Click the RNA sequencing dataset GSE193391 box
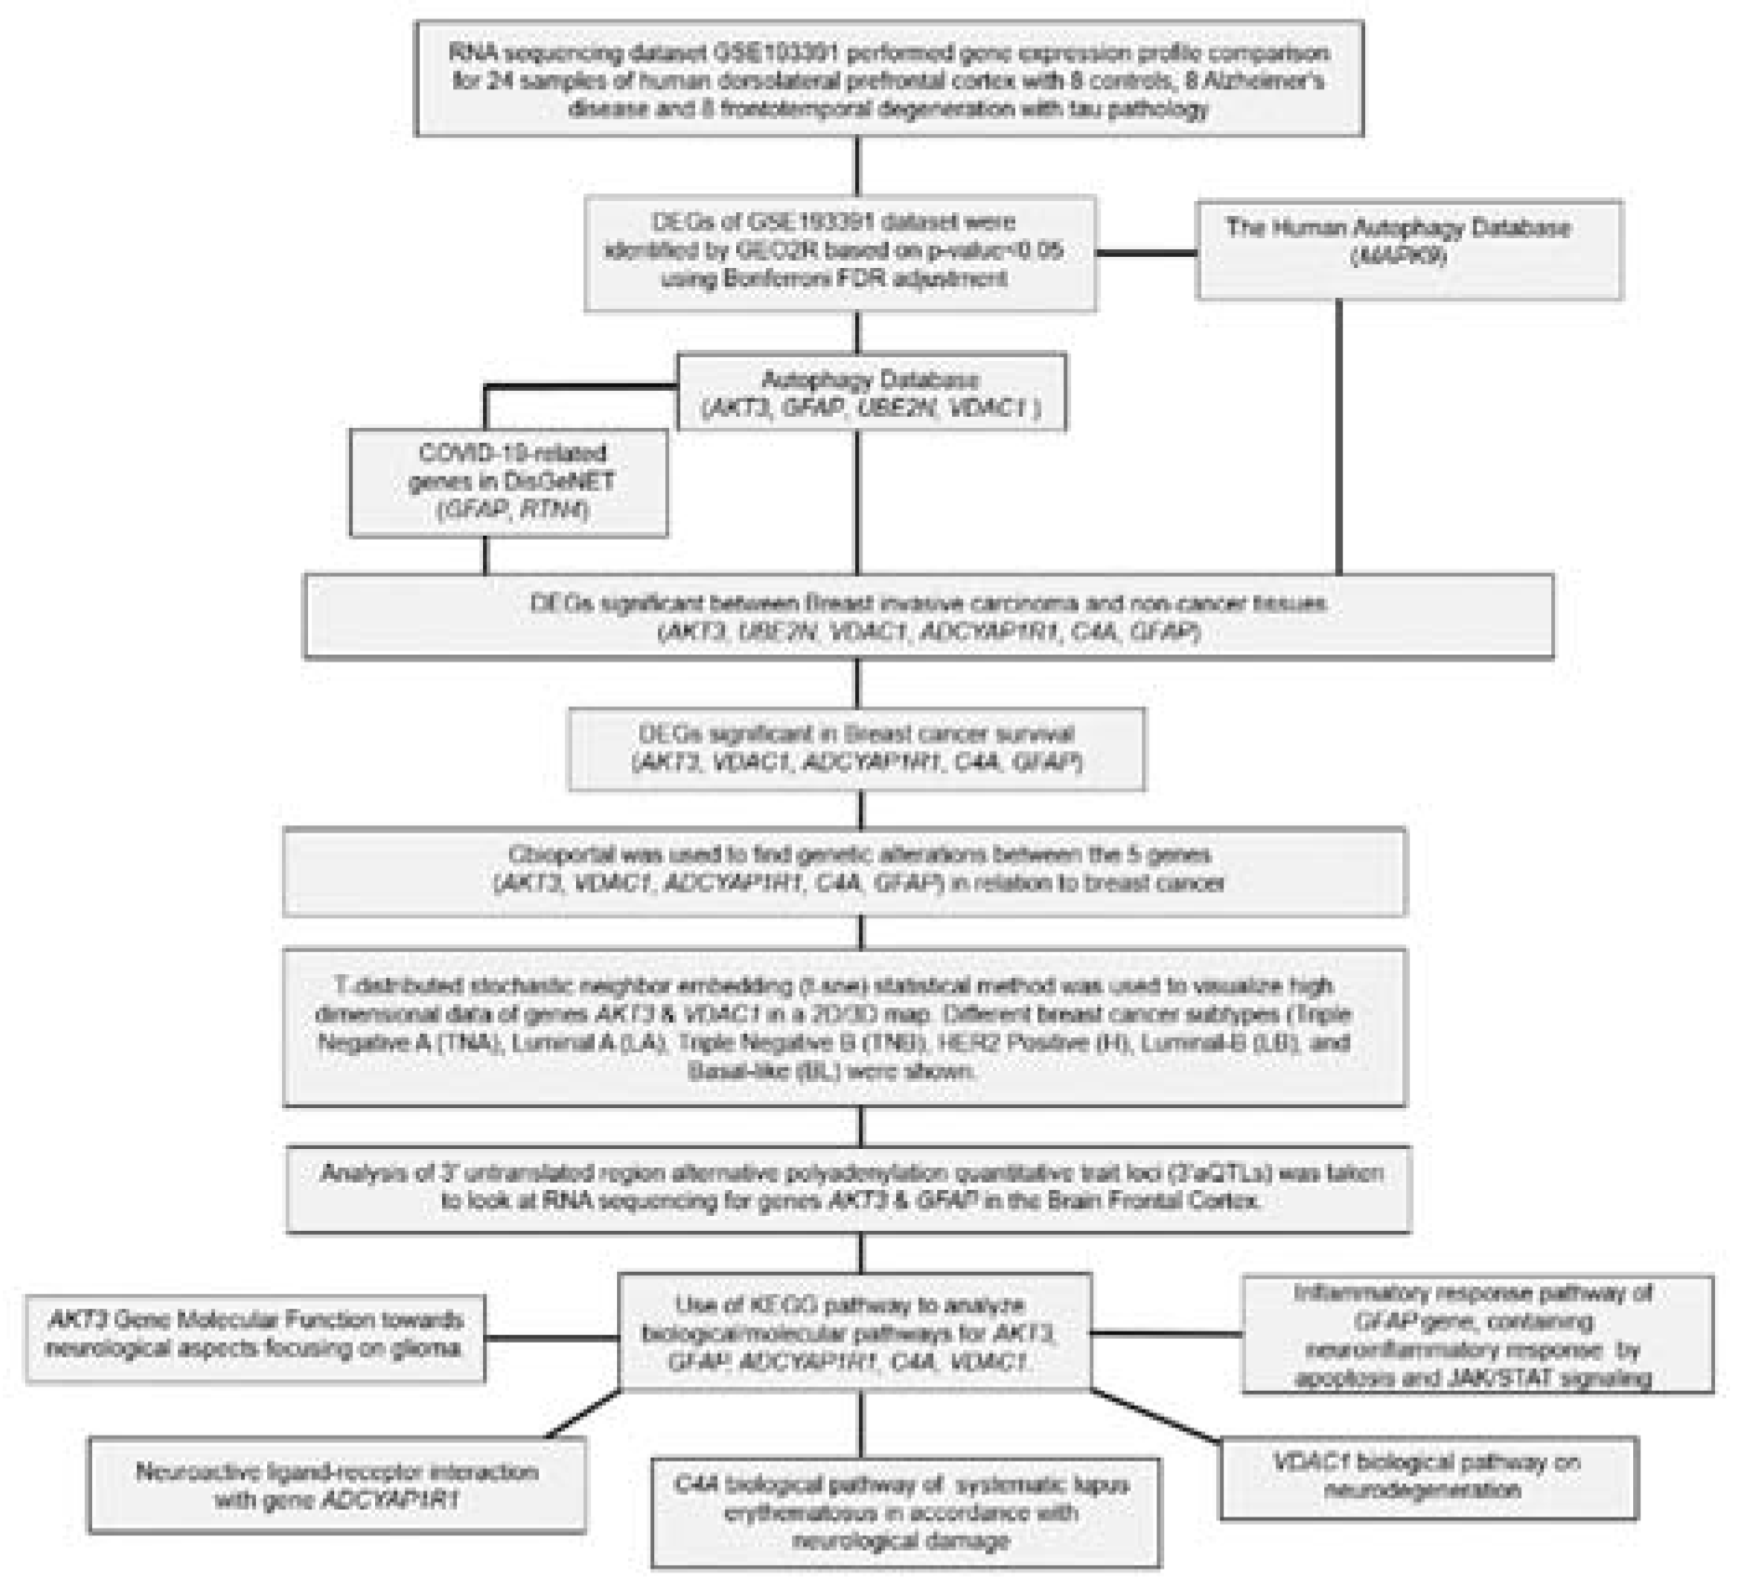tap(889, 80)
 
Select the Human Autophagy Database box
tap(1408, 249)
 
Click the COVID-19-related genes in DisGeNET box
tap(509, 482)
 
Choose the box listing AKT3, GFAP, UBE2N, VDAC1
tap(871, 393)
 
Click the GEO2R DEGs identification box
tap(840, 252)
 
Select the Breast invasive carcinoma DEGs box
tap(928, 616)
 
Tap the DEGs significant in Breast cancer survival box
tap(857, 748)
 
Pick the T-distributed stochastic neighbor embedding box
tap(844, 1027)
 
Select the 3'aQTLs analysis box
tap(849, 1187)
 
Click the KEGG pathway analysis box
tap(854, 1332)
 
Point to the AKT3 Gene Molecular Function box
tap(255, 1336)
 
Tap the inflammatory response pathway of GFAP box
tap(1477, 1334)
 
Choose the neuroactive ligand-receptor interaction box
tap(337, 1485)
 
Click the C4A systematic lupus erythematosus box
tap(904, 1513)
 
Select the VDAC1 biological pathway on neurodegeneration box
tap(1427, 1477)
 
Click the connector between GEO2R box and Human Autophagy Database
tap(1145, 252)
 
